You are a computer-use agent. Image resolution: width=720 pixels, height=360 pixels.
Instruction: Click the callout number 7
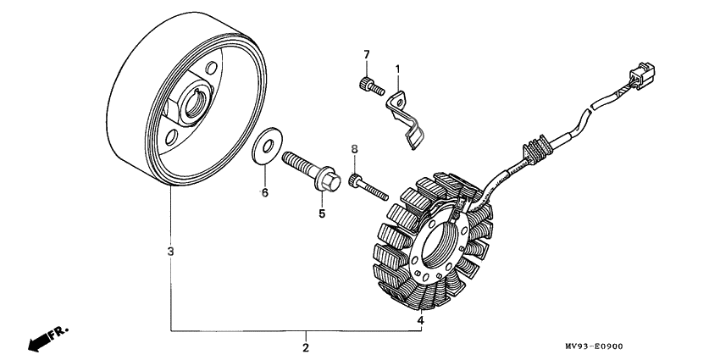click(367, 55)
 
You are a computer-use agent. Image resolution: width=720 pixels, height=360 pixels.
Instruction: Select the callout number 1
click(397, 69)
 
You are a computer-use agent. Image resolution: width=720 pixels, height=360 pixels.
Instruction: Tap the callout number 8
click(354, 149)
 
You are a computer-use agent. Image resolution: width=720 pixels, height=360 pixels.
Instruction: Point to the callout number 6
click(265, 193)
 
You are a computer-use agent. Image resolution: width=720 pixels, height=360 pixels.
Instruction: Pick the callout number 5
click(322, 213)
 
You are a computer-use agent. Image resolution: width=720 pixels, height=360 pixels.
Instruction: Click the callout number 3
click(171, 252)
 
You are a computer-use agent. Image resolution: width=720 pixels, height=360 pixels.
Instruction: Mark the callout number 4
click(421, 320)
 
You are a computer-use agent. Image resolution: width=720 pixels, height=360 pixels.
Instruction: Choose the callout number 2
click(306, 347)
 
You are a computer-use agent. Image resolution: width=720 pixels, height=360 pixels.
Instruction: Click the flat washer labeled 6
click(267, 146)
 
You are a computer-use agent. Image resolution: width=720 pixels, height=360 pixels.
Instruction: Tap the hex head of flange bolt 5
click(329, 181)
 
